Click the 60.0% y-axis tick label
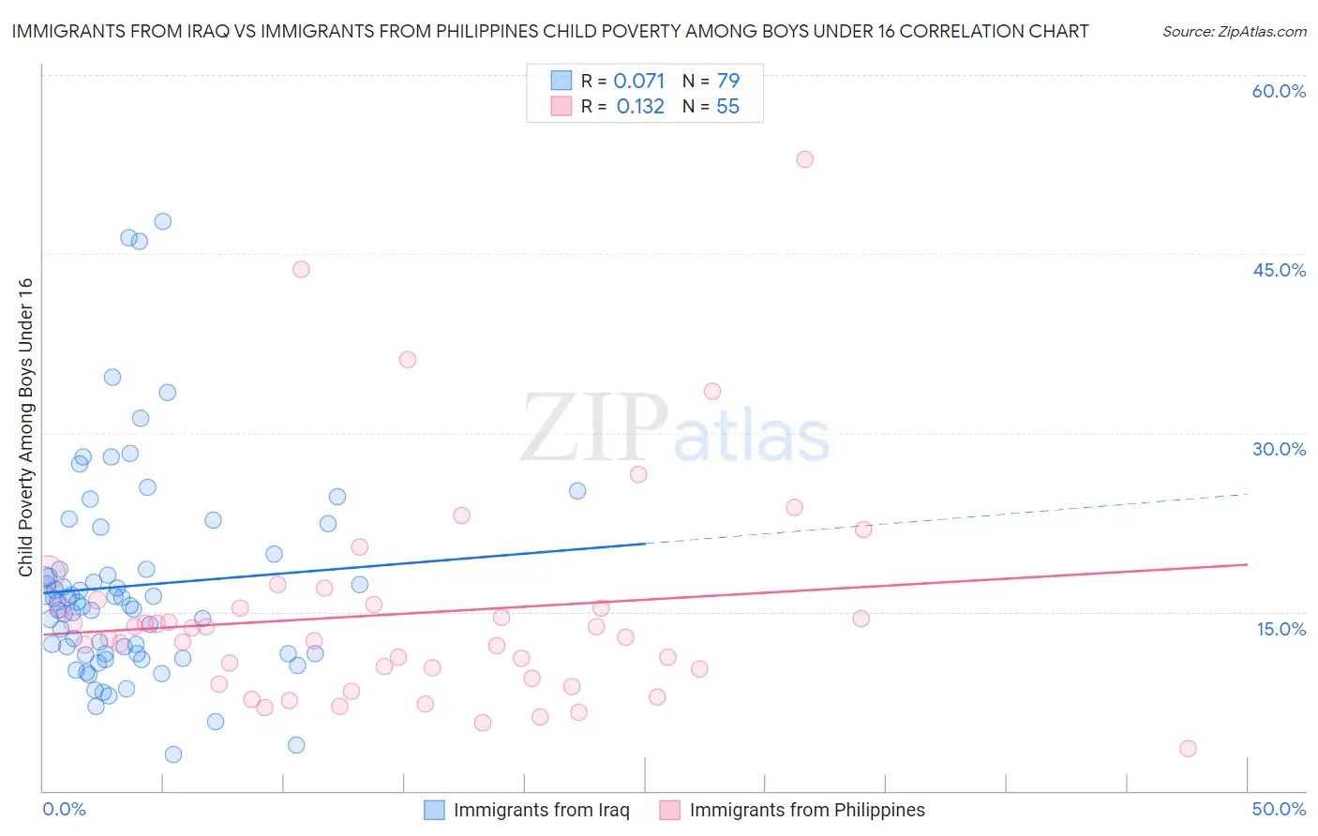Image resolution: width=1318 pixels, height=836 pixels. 1279,91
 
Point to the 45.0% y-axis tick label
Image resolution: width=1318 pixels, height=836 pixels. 1279,270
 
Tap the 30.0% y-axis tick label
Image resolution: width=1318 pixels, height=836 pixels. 1279,449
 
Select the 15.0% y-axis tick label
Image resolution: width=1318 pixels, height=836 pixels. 1281,629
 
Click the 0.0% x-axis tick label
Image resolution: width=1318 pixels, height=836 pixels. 64,809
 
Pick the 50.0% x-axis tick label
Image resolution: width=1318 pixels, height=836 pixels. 1279,809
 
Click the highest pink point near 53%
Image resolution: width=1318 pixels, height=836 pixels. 804,159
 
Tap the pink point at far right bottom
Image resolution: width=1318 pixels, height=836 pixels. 1188,748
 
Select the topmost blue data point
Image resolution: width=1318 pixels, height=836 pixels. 162,222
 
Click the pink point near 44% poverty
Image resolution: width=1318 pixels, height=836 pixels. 301,269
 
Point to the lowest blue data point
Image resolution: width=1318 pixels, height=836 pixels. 173,754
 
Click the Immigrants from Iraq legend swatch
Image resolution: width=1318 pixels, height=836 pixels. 434,810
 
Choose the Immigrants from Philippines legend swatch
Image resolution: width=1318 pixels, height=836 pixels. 669,810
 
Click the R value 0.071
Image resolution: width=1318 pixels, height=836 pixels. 638,82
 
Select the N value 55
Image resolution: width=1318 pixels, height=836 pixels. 727,107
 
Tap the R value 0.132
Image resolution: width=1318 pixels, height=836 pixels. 640,107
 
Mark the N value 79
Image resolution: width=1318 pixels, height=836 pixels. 727,82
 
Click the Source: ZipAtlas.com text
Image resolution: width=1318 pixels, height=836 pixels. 1234,32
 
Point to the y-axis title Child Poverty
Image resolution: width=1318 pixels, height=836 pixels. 25,427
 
